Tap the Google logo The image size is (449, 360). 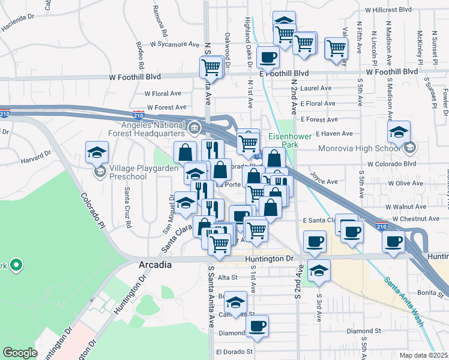[x=20, y=353]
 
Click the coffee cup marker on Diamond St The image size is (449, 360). [x=258, y=325]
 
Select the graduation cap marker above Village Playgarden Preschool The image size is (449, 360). [x=97, y=152]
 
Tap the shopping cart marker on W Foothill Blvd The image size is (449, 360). [x=211, y=67]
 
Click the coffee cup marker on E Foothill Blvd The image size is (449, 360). [x=268, y=57]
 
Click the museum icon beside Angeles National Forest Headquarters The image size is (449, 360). [x=194, y=127]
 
